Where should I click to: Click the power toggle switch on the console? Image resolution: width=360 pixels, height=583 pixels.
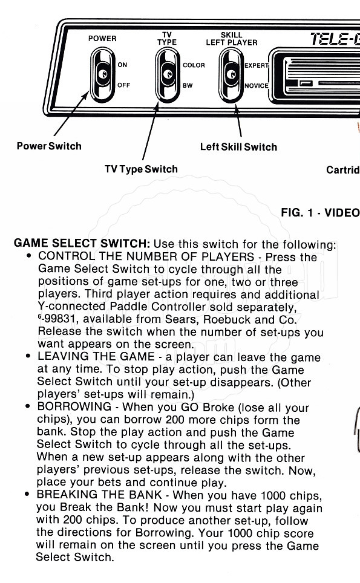click(x=103, y=75)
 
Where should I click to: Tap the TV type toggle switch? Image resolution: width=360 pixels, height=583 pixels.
click(x=168, y=75)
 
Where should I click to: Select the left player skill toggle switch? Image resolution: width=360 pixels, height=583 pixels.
click(x=231, y=75)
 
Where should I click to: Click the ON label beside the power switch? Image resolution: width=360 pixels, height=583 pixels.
click(x=122, y=65)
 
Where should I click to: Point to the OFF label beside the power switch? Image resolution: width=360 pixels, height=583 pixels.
click(x=124, y=85)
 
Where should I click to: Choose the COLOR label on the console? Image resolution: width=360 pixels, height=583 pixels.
click(x=194, y=65)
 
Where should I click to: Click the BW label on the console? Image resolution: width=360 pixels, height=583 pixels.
click(x=188, y=85)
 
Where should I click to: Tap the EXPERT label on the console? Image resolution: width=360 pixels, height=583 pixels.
click(x=257, y=65)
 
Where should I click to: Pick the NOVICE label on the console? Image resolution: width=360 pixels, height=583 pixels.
click(x=257, y=85)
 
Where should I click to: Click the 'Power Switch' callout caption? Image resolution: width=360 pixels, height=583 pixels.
click(x=49, y=146)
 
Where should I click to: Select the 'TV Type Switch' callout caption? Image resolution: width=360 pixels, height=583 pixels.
click(x=142, y=169)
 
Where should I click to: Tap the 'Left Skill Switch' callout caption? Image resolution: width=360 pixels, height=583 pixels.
click(x=239, y=147)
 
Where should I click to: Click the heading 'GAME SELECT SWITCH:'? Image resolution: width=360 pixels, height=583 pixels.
click(x=82, y=244)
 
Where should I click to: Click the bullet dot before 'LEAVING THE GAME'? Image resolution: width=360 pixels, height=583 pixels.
click(x=28, y=356)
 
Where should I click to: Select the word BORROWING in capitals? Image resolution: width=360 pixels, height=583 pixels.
click(x=74, y=406)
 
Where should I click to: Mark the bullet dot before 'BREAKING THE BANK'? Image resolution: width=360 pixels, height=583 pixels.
click(x=27, y=495)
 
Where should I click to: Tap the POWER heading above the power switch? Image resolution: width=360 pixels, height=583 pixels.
click(x=102, y=38)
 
